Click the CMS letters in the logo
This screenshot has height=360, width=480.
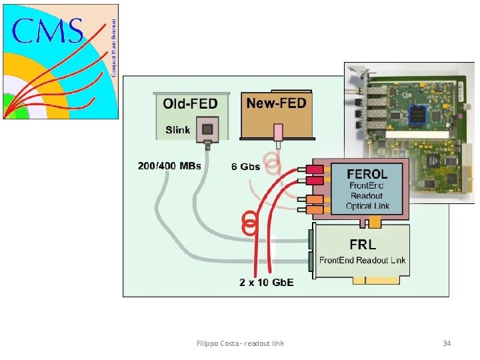(48, 31)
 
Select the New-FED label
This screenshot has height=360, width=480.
(276, 103)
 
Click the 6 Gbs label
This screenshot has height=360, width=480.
(245, 165)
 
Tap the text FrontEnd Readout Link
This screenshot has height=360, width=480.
(362, 260)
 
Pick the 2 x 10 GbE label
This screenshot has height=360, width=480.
(267, 283)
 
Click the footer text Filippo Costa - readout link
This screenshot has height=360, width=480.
(240, 343)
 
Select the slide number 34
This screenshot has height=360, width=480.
(447, 343)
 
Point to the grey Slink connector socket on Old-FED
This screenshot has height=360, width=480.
(209, 129)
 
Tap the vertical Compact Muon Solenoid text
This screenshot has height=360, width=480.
(113, 40)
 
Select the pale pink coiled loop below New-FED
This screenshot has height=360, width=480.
(274, 163)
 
